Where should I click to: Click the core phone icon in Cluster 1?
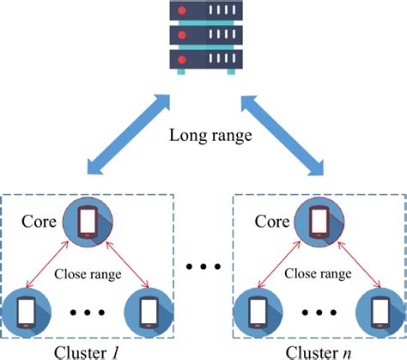(x=88, y=222)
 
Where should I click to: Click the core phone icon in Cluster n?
(x=317, y=222)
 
